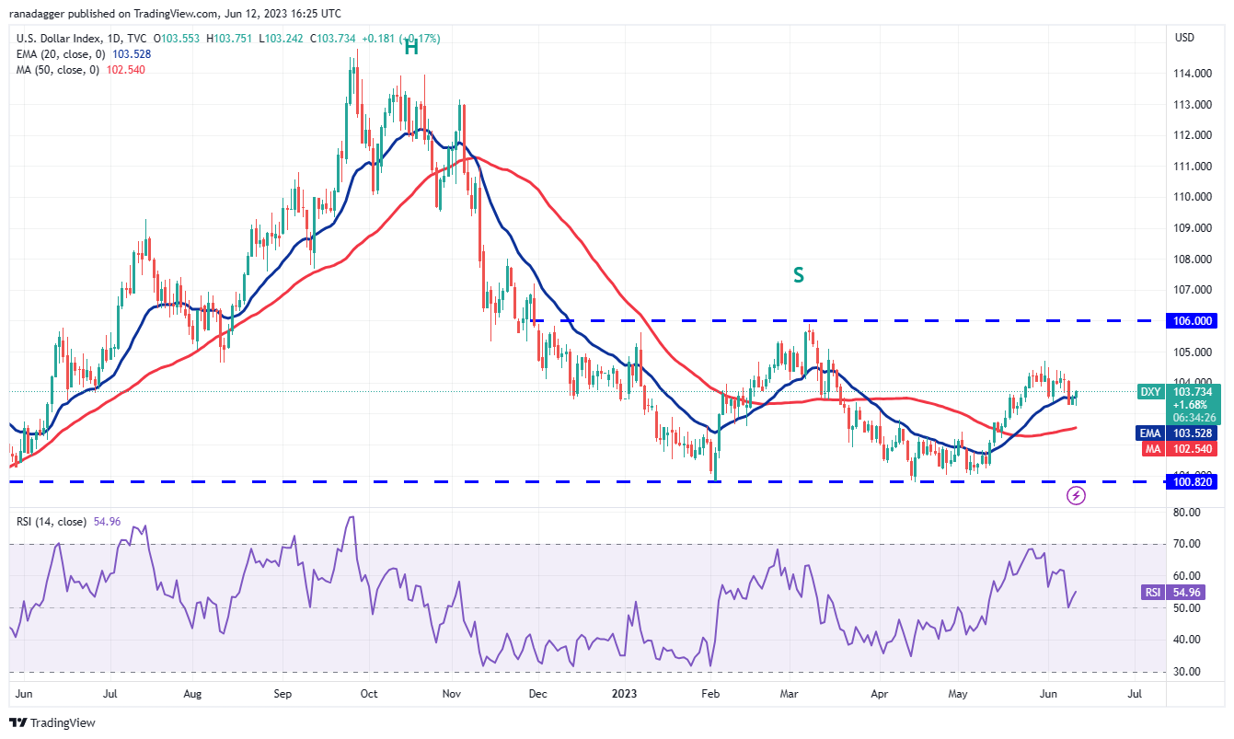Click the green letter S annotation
click(x=799, y=273)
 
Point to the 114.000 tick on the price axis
click(x=1194, y=74)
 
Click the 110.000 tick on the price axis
click(x=1194, y=197)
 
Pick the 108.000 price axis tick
click(x=1194, y=259)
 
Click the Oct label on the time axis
click(x=368, y=693)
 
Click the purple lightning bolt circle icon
click(x=1076, y=496)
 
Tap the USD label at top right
click(x=1184, y=38)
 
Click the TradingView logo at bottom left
click(x=53, y=722)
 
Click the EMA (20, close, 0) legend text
click(x=63, y=53)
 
